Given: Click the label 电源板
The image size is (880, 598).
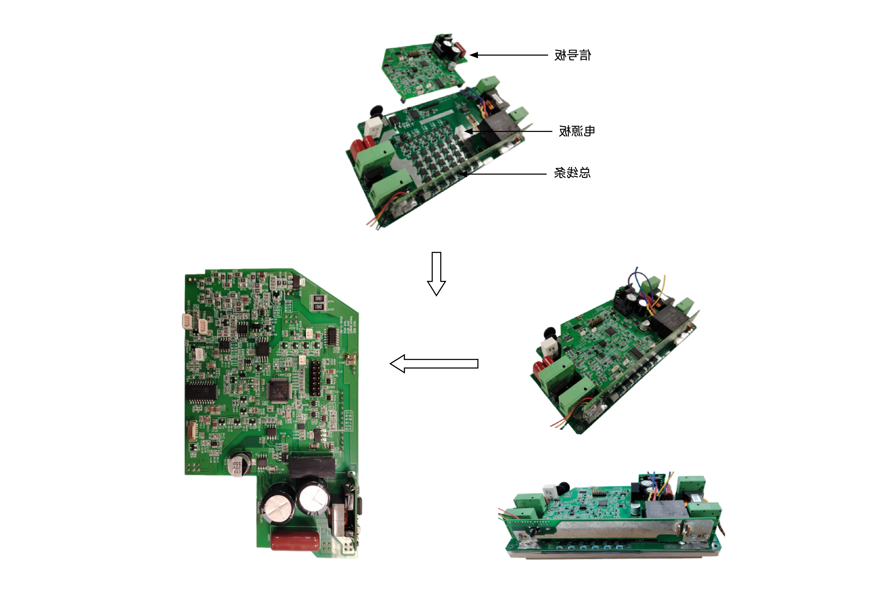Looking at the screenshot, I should click(576, 131).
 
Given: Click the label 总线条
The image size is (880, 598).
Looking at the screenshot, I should click(572, 173).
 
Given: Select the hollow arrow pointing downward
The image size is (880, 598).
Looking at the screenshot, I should click(436, 273).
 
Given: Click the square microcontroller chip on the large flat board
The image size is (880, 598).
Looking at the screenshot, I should click(279, 390).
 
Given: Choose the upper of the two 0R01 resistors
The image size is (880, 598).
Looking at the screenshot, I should click(318, 299).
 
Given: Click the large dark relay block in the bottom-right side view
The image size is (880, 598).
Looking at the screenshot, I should click(665, 509).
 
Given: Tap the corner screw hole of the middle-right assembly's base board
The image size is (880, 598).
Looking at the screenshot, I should click(578, 428).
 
